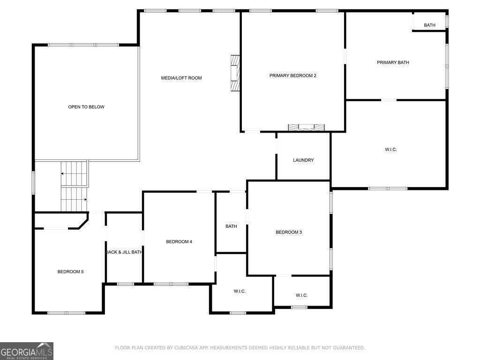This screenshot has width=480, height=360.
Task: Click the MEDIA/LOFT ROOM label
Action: [181, 78]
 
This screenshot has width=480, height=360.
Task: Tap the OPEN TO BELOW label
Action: [86, 107]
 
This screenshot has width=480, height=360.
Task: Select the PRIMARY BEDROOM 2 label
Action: [292, 75]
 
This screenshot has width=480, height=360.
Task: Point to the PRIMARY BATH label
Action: [393, 62]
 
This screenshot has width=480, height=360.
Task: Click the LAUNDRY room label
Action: [303, 160]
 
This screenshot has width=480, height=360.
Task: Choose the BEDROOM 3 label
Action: [288, 232]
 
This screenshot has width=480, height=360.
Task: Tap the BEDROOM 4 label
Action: [179, 242]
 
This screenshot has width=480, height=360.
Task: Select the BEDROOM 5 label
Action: [70, 272]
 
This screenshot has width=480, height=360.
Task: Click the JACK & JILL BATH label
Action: [124, 252]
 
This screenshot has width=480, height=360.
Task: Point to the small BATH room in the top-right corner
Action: [429, 25]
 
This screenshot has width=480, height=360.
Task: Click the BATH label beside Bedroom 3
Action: [231, 226]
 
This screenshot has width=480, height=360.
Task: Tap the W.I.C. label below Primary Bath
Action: [391, 150]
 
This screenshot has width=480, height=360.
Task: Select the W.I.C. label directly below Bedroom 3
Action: [301, 295]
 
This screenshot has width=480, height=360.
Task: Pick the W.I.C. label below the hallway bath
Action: [240, 292]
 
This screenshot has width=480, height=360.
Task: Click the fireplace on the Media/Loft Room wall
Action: [235, 74]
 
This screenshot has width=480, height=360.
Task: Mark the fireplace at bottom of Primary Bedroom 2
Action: [306, 127]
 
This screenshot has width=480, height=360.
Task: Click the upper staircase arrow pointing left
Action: [63, 174]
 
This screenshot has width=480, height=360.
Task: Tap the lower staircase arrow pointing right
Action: [85, 200]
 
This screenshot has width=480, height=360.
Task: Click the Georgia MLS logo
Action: [27, 351]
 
